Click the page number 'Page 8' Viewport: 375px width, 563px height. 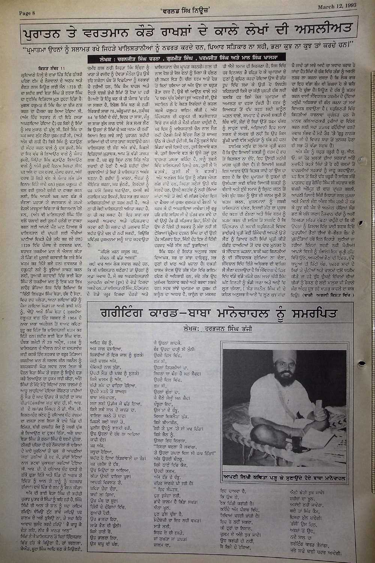pyautogui.click(x=27, y=14)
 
